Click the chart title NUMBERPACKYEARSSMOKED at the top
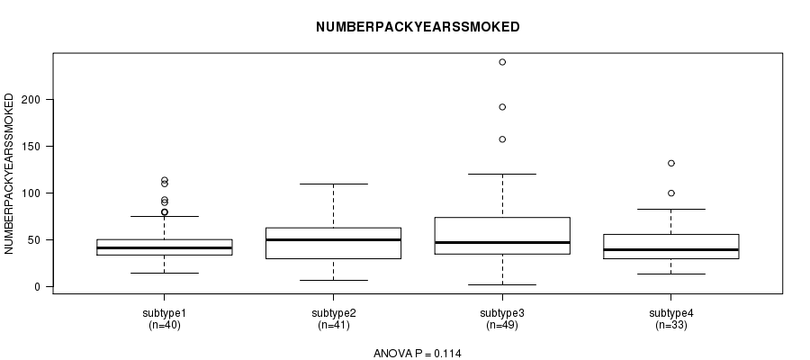(x=418, y=27)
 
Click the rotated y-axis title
(x=9, y=174)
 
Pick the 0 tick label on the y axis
(x=37, y=287)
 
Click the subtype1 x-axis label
(x=165, y=313)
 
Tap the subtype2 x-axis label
(x=334, y=313)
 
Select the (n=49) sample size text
(x=502, y=326)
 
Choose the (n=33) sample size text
(x=671, y=326)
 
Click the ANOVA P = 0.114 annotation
(x=418, y=354)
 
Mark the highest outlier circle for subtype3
(x=502, y=62)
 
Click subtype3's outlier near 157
(x=502, y=139)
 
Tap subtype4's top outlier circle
(x=671, y=163)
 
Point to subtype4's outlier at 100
(x=671, y=193)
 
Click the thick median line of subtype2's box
(x=334, y=239)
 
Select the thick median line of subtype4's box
(x=671, y=250)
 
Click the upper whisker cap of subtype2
(x=334, y=184)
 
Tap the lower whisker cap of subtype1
(x=165, y=274)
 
